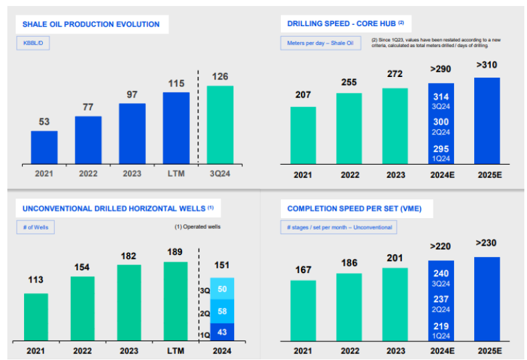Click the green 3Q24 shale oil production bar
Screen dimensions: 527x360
pyautogui.click(x=220, y=125)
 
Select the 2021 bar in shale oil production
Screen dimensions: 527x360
pyautogui.click(x=44, y=148)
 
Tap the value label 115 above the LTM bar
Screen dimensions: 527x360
pyautogui.click(x=176, y=84)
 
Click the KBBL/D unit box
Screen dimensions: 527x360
pyautogui.click(x=33, y=43)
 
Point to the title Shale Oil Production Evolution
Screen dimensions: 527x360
pyautogui.click(x=91, y=24)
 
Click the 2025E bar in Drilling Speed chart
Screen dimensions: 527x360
pyautogui.click(x=487, y=121)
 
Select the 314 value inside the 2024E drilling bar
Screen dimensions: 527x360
pyautogui.click(x=441, y=97)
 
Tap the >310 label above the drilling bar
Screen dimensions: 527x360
pyautogui.click(x=487, y=65)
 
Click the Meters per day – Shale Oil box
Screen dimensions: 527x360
pyautogui.click(x=320, y=43)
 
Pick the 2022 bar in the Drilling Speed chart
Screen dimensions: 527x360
pyautogui.click(x=349, y=128)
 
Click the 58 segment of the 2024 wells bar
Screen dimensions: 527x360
pyautogui.click(x=222, y=311)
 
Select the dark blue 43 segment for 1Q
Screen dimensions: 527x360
pyautogui.click(x=222, y=332)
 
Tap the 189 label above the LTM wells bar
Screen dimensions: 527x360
pyautogui.click(x=175, y=252)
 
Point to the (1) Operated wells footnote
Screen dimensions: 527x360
pyautogui.click(x=198, y=227)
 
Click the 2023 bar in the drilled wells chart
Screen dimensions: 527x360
pyautogui.click(x=129, y=303)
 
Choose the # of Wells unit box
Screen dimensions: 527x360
pyautogui.click(x=35, y=228)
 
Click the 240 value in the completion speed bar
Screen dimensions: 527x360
pyautogui.click(x=441, y=274)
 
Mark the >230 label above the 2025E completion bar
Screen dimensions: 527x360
pyautogui.click(x=486, y=243)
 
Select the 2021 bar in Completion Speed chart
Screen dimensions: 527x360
pyautogui.click(x=303, y=311)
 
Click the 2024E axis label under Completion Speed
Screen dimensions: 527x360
pyautogui.click(x=442, y=351)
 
